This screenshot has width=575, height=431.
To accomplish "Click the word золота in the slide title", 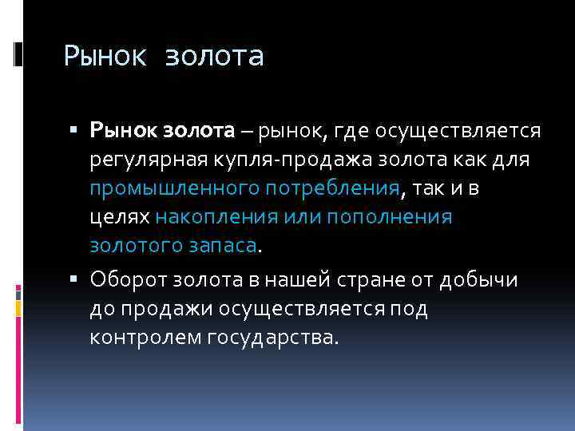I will coord(214,57).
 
